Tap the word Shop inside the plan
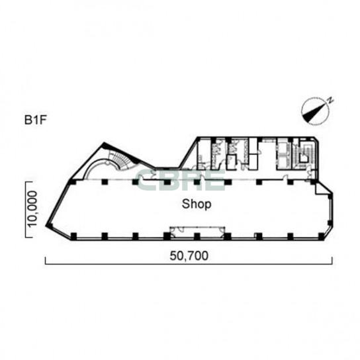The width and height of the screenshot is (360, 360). pos(197,204)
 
